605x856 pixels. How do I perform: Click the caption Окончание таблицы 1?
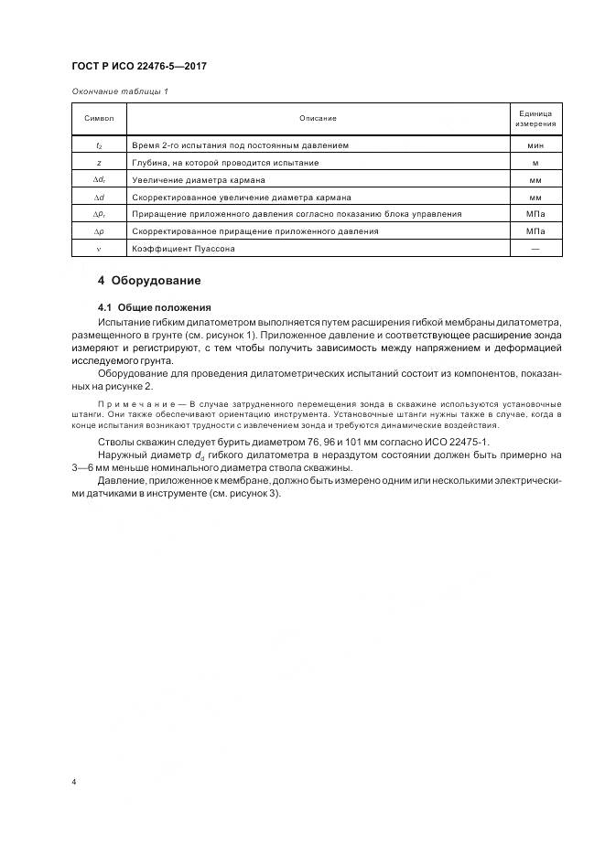click(119, 91)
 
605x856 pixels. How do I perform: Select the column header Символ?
click(99, 119)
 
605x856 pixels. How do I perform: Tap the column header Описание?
click(318, 119)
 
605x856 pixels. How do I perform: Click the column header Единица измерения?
click(535, 119)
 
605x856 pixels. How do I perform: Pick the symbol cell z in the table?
click(99, 163)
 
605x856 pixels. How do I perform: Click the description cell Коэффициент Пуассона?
click(183, 249)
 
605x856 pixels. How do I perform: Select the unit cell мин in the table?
click(535, 145)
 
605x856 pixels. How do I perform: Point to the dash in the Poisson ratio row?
click(535, 249)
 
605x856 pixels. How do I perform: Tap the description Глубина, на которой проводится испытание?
click(225, 163)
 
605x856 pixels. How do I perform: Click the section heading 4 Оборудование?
click(149, 280)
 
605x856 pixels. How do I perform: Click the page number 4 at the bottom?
click(74, 783)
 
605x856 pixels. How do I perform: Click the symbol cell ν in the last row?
click(99, 249)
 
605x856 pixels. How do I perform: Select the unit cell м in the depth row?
click(535, 163)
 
